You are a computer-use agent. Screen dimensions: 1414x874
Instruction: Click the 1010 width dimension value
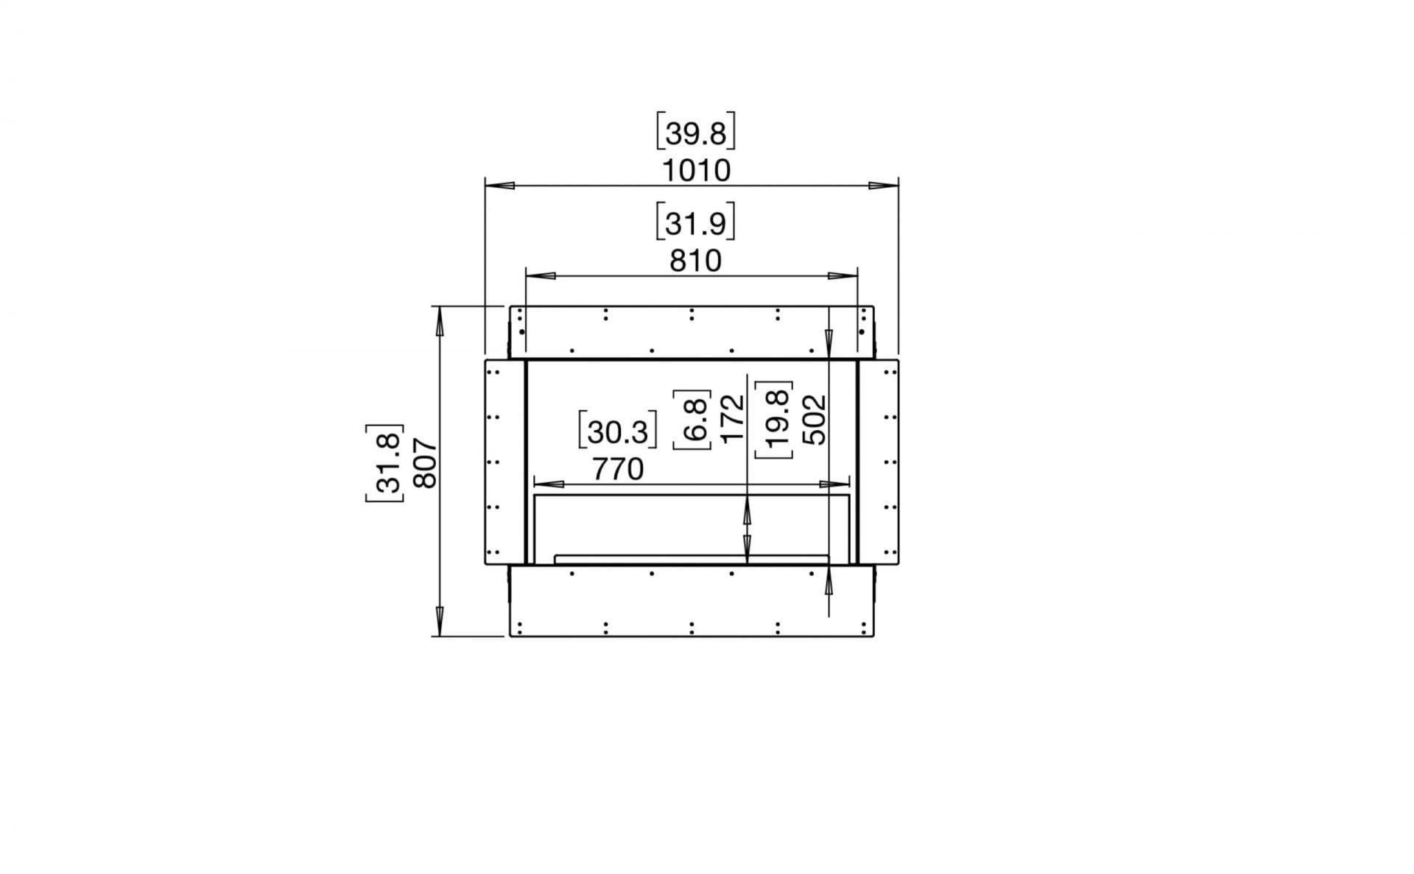(696, 171)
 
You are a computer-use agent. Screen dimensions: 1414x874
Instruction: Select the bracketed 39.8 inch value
(696, 133)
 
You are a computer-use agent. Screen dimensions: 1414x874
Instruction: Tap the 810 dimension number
(695, 261)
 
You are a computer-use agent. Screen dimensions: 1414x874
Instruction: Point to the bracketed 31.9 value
(696, 222)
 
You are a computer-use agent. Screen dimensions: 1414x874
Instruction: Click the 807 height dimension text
(426, 464)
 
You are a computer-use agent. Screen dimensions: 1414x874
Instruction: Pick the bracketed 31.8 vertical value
(385, 464)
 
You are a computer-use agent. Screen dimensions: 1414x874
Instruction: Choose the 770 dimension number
(617, 469)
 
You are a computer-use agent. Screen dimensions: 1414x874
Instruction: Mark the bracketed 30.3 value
(617, 431)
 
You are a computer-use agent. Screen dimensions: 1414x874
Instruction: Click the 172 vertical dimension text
(733, 419)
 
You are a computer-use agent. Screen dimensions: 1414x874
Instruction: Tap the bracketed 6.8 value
(692, 419)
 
